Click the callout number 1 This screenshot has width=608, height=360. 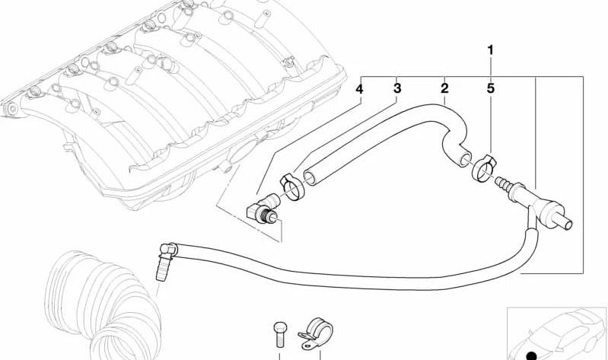491,50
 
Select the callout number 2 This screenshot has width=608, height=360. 444,88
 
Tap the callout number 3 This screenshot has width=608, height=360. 397,88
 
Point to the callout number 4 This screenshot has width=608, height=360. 359,89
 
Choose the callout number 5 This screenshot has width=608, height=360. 491,88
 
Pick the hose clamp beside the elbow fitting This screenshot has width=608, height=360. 292,186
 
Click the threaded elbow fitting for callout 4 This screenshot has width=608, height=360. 263,209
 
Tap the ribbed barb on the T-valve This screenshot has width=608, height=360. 503,184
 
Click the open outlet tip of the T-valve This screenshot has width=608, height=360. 568,225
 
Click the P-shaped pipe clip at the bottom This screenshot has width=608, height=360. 317,333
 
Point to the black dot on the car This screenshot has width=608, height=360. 532,355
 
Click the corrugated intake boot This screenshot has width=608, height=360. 103,307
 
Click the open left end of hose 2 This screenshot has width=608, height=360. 310,177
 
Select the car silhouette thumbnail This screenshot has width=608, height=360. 557,334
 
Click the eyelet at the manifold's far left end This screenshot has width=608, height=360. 11,109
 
